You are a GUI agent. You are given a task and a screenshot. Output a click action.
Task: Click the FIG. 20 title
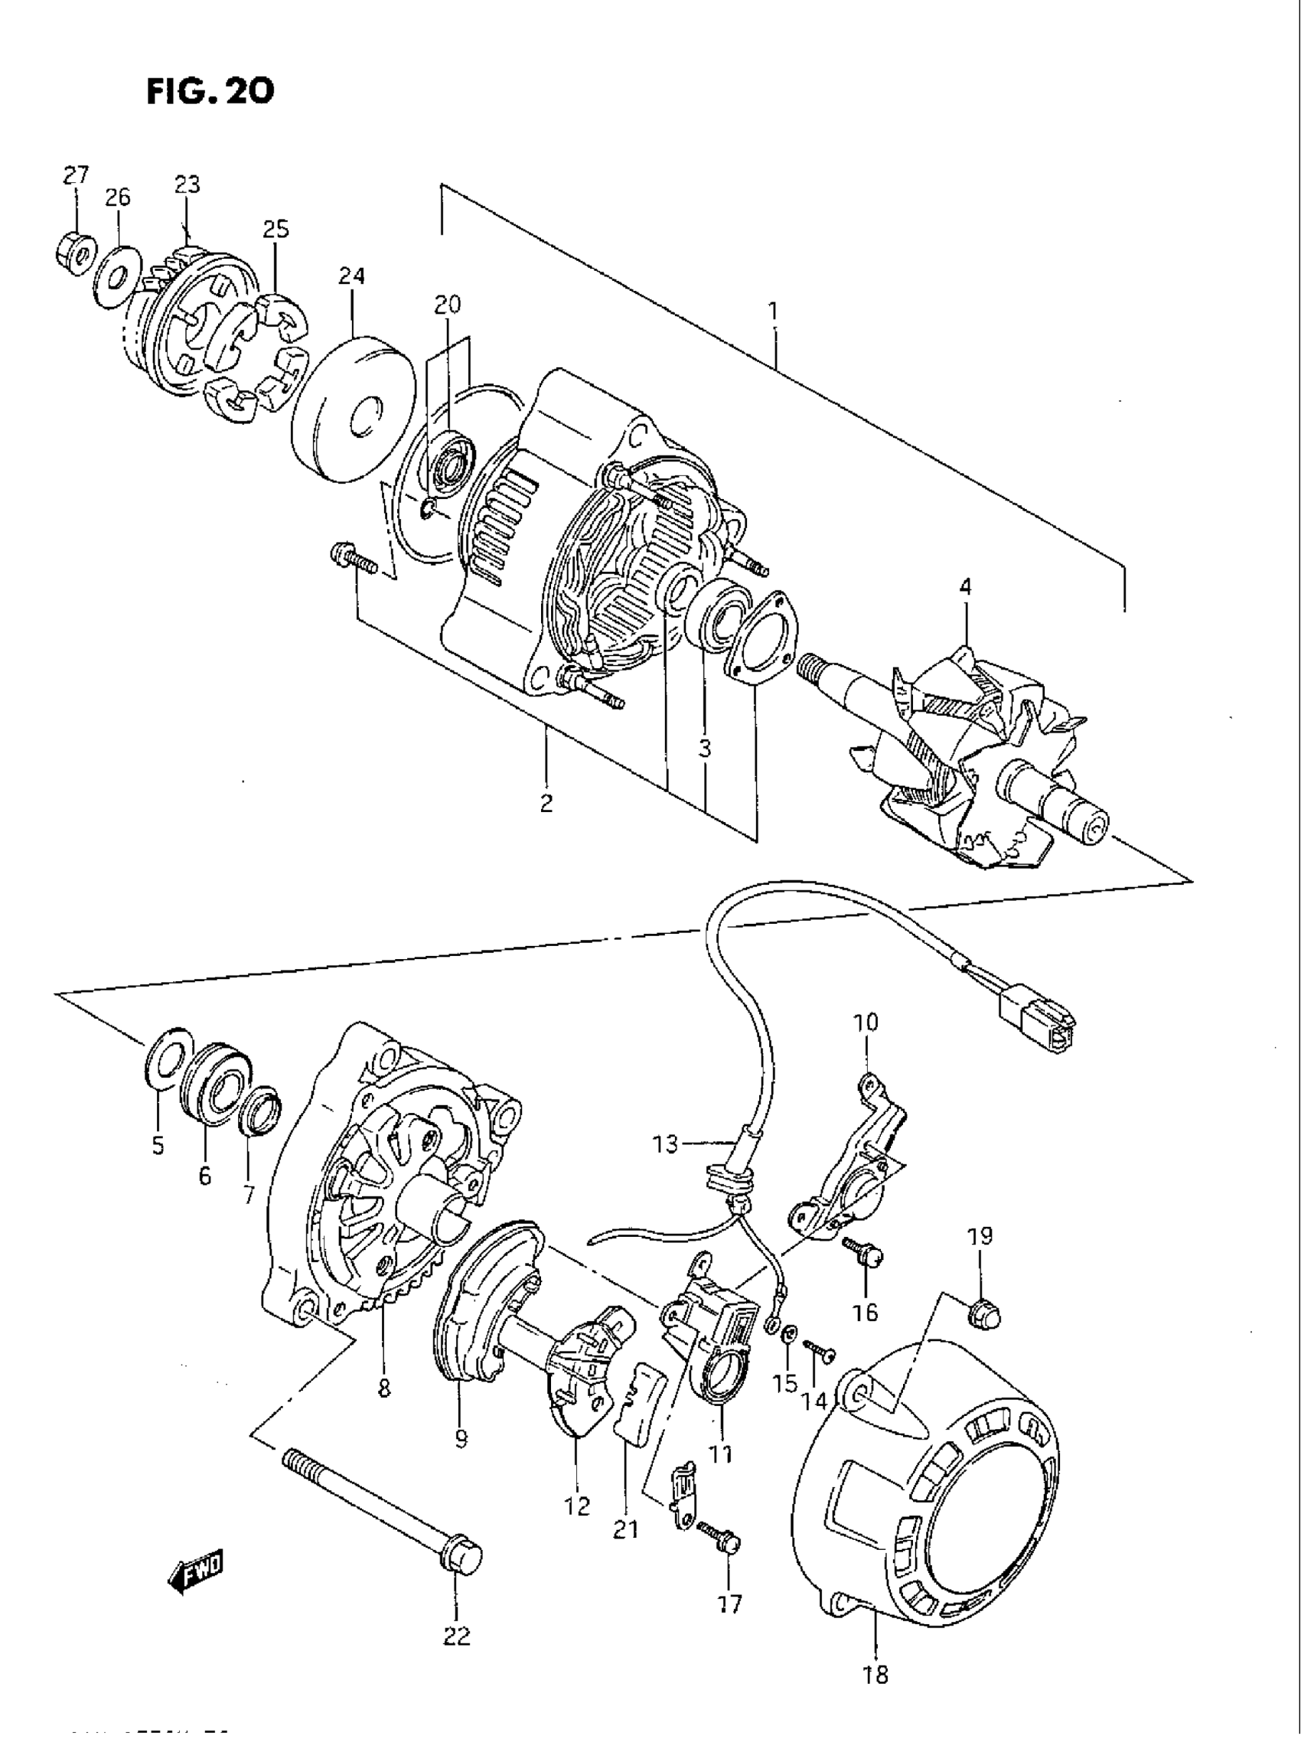click(210, 92)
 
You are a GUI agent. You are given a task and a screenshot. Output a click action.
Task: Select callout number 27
click(77, 175)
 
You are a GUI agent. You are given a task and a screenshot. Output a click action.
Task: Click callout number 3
click(704, 749)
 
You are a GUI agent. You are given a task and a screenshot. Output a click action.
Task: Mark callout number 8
click(383, 1389)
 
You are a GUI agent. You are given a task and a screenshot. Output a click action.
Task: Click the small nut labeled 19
click(983, 1312)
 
